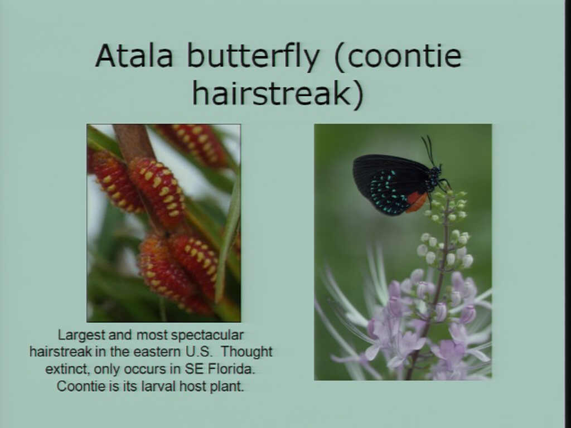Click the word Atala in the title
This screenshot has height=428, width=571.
[x=134, y=56]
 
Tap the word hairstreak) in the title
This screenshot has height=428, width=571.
[x=278, y=93]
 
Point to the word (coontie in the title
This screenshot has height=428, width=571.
[x=398, y=56]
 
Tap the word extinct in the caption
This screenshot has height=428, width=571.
[x=67, y=369]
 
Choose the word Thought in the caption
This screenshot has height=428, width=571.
[x=246, y=352]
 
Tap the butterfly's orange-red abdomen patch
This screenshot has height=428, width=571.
[x=416, y=202]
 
